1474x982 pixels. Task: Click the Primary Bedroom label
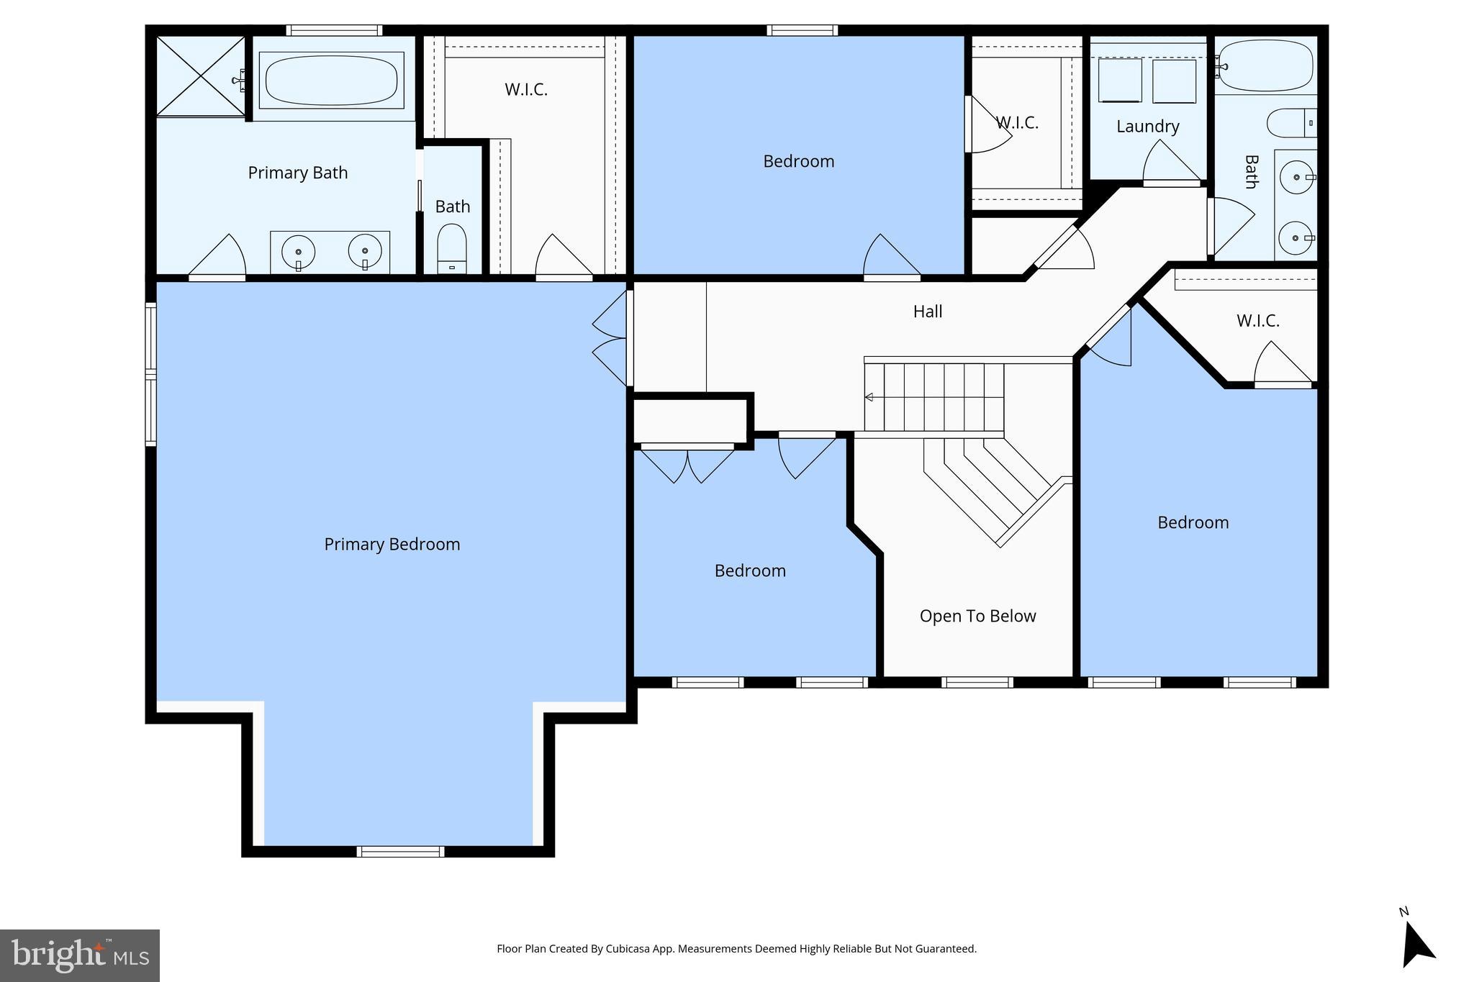(392, 544)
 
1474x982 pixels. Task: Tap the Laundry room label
(1147, 127)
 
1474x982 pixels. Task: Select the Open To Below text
(977, 616)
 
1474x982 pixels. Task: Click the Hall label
(927, 312)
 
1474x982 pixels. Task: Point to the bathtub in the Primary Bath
(331, 80)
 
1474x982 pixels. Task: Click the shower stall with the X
(201, 76)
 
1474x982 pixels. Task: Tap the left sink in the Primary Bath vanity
(298, 252)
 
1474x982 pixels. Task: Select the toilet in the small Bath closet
(452, 247)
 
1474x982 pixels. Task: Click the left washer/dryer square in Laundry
(1120, 80)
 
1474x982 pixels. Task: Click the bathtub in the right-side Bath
(1265, 65)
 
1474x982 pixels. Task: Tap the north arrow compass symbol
(1416, 945)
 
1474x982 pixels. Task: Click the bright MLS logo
(79, 955)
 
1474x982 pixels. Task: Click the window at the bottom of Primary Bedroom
(400, 852)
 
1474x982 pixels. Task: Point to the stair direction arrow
(869, 397)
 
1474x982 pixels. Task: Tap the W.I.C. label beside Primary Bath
(525, 90)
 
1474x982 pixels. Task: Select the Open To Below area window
(977, 682)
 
